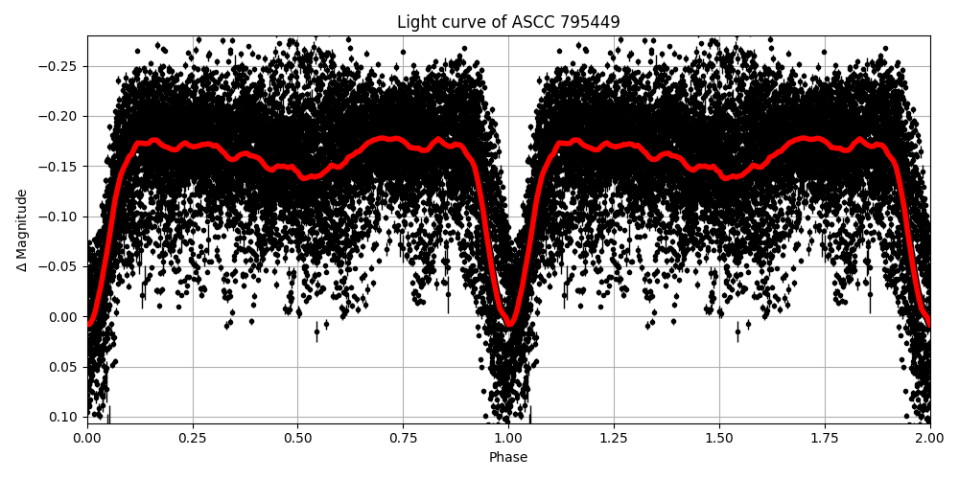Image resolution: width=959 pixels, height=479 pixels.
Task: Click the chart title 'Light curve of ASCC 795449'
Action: (508, 22)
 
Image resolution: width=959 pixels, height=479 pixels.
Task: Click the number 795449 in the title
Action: (586, 22)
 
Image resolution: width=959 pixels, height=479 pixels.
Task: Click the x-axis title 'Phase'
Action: (508, 457)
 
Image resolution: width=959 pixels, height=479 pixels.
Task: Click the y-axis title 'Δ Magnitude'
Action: (22, 230)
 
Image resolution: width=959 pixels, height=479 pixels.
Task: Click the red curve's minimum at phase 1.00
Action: (509, 324)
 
